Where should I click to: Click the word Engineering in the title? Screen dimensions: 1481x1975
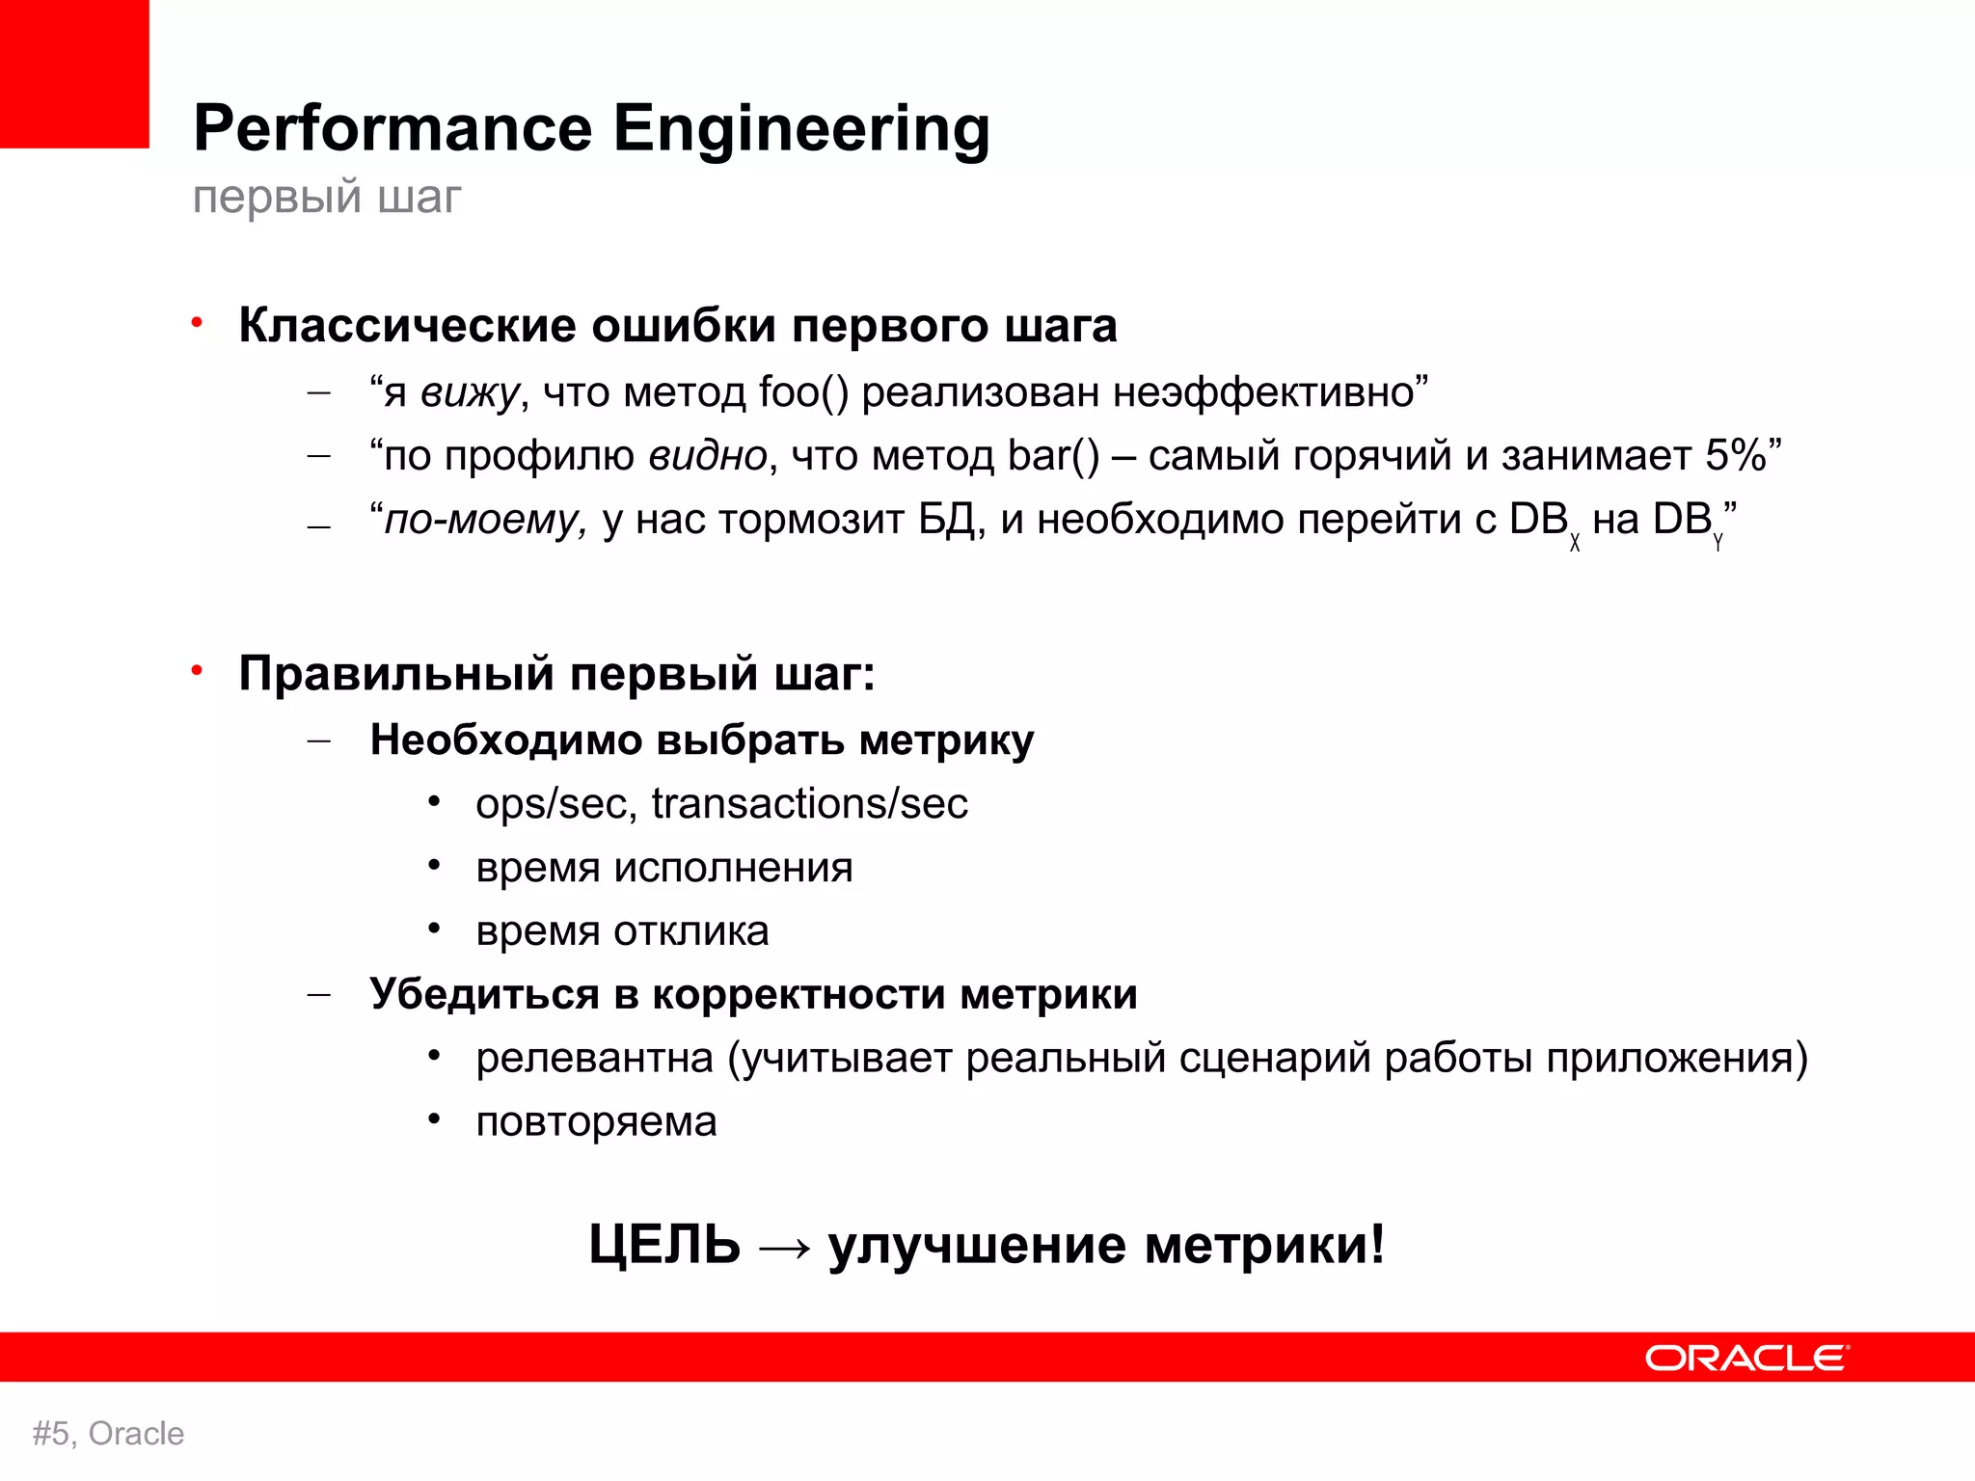[801, 129]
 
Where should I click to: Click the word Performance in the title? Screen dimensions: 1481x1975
[392, 129]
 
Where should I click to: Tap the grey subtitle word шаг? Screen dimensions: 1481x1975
[419, 198]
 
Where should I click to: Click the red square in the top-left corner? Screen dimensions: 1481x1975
[74, 73]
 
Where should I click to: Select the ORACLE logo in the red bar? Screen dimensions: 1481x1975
[1746, 1358]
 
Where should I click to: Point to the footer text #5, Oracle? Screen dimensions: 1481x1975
[108, 1434]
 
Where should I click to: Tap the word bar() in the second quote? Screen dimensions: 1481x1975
[1053, 456]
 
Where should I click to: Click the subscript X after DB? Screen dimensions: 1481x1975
[1575, 543]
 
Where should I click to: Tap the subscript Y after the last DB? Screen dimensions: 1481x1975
[1718, 543]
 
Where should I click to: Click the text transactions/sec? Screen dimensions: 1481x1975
[809, 804]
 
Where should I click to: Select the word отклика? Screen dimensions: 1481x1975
[690, 931]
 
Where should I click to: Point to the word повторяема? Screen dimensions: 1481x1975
[596, 1122]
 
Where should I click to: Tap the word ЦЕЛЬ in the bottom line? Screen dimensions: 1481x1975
[664, 1245]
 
